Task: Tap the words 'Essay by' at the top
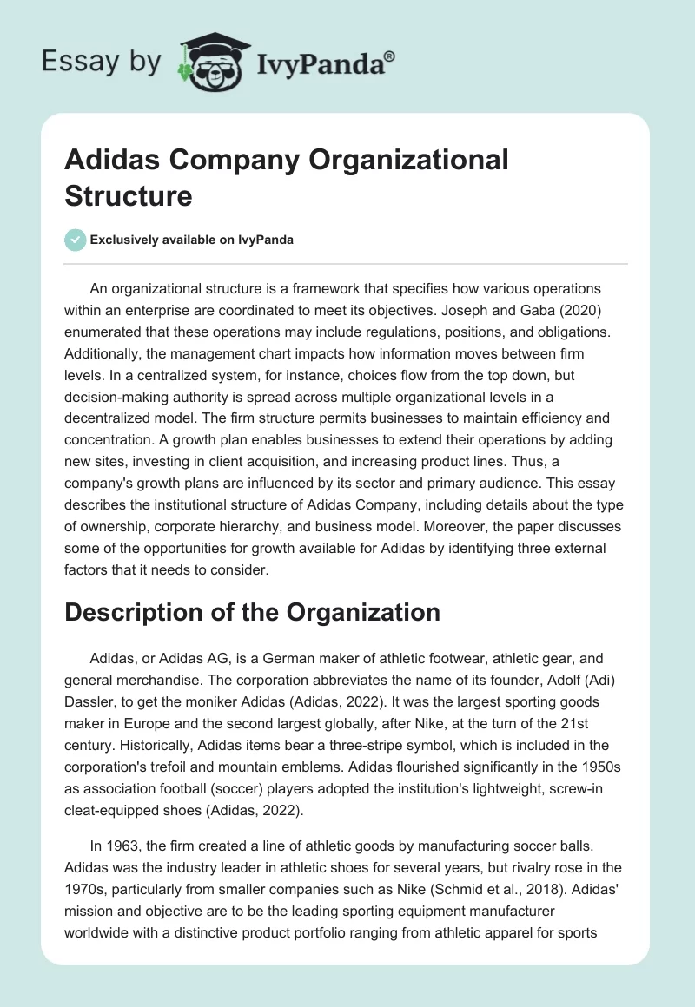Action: point(102,62)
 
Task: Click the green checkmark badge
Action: point(76,240)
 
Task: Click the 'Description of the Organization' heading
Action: point(252,612)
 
